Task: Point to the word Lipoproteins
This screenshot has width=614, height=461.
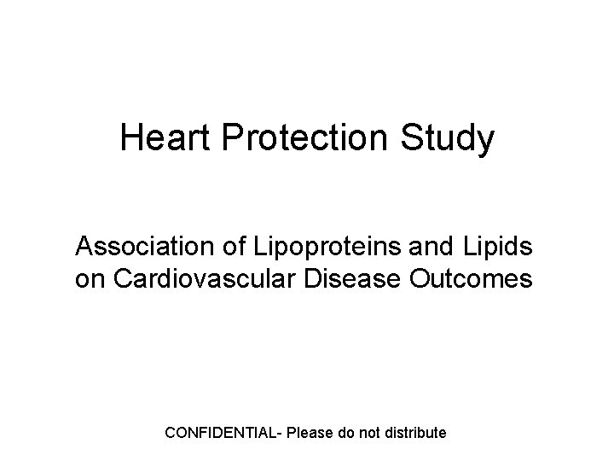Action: [x=307, y=248]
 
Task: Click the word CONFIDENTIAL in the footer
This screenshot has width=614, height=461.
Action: [x=222, y=433]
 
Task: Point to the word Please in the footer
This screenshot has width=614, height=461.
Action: [x=310, y=433]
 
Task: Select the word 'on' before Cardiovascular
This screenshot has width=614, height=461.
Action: [x=88, y=279]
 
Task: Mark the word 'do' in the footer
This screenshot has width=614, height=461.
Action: [x=346, y=433]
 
